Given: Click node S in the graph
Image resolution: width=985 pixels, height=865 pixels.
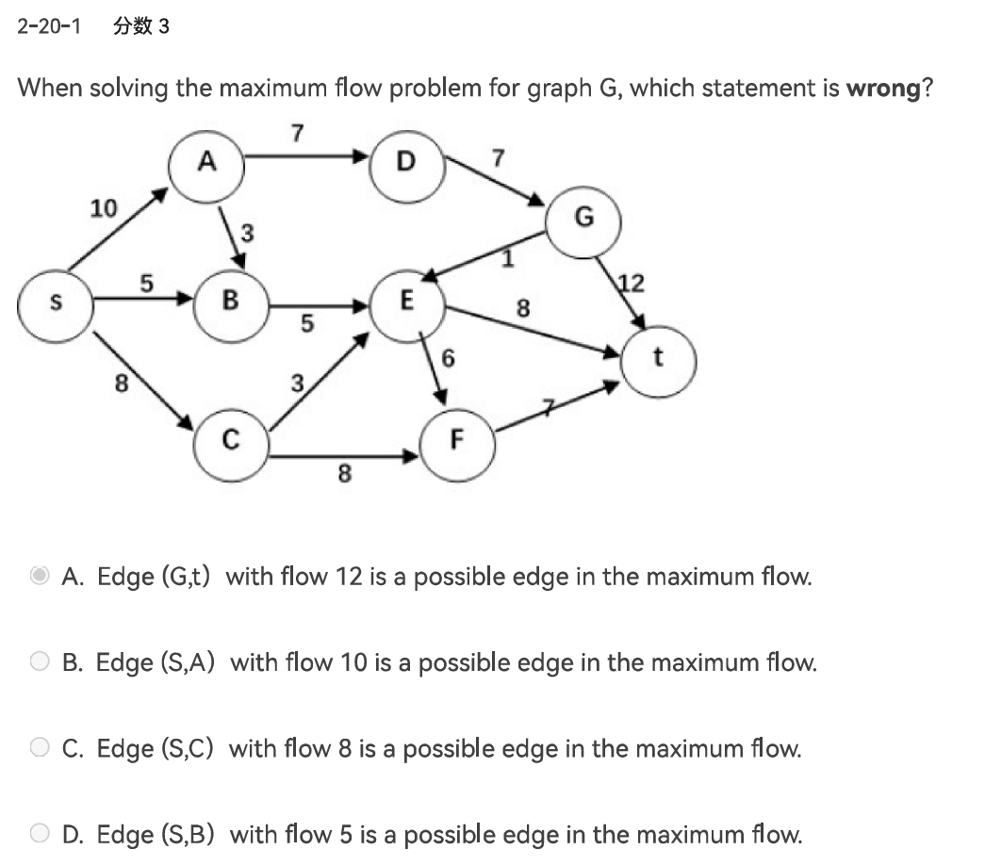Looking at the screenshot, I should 56,302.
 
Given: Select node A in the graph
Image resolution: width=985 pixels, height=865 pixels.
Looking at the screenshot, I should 207,163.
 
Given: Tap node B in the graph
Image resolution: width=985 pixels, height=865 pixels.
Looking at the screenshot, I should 230,302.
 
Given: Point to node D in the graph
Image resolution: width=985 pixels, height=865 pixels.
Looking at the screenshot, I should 405,163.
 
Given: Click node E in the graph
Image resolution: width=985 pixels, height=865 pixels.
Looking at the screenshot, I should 406,302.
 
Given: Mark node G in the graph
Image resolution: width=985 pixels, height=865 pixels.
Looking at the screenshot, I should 583,219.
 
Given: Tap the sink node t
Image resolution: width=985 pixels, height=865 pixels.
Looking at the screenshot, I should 658,359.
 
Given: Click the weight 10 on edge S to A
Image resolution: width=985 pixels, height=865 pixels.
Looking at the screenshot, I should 104,207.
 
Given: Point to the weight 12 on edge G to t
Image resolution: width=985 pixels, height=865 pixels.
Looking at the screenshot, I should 631,282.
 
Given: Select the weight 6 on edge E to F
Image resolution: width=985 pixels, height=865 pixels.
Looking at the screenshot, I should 449,358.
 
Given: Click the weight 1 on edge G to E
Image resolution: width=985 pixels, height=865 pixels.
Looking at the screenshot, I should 507,257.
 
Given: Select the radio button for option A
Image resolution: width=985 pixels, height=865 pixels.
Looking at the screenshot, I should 40,576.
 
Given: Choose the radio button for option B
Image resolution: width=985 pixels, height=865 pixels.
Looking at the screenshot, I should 40,662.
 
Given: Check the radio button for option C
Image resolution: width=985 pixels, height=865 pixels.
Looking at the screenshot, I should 40,749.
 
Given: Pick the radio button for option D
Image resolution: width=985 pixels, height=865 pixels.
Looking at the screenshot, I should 40,835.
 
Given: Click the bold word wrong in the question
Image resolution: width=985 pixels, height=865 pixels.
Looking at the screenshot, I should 882,89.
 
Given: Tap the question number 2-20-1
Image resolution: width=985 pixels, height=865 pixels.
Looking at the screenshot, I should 48,26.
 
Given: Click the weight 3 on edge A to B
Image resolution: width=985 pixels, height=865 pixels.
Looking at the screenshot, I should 248,230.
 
